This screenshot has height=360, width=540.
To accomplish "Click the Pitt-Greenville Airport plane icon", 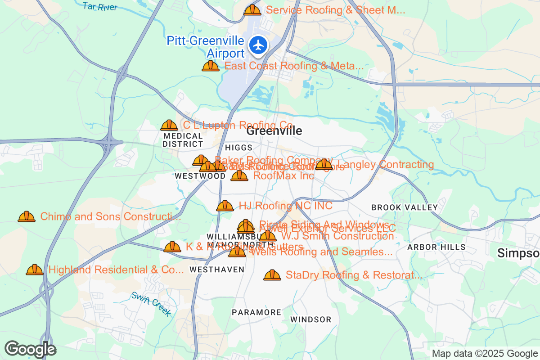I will pos(258,45).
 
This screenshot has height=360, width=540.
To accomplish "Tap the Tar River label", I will pos(100,6).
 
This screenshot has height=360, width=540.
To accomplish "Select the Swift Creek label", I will pos(151,304).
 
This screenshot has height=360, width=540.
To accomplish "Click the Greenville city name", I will pos(274,131).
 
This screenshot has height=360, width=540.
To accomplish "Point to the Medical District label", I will pos(183,140).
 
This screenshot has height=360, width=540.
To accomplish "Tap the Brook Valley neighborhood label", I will pos(404,207).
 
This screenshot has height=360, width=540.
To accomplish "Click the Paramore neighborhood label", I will pos(256,312).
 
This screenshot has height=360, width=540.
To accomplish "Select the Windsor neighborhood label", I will pos(310,319).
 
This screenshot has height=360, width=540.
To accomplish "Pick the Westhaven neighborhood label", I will pos(217,270).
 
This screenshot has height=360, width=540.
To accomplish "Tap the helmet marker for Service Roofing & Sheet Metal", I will pos(252,10).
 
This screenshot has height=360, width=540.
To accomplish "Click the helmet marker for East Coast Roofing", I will pos(210,66).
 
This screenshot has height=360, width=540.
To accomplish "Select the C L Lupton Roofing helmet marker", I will pos(169,125).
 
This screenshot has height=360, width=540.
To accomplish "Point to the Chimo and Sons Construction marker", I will pos(27,216).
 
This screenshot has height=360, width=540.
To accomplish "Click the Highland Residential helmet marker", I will pos(35,270).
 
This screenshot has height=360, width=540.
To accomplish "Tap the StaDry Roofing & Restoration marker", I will pos(272,275).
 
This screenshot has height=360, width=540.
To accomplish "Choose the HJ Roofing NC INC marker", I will pos(225,206).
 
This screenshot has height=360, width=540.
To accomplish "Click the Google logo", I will pos(30,349).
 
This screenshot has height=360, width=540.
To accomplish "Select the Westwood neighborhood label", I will pos(200,176).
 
